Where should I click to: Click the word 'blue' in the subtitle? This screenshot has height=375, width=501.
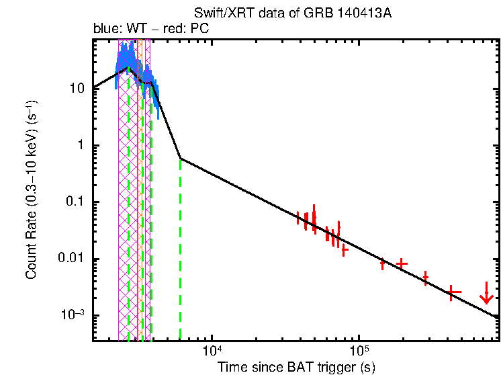pos(105,30)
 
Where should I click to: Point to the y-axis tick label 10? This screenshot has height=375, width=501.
pos(77,89)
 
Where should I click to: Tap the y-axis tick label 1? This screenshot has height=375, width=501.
pos(81,146)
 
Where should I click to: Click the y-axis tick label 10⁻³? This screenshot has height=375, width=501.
pos(73,315)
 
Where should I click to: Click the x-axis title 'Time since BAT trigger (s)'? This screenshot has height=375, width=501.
pos(295,367)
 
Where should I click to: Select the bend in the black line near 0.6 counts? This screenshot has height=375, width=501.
pos(180,159)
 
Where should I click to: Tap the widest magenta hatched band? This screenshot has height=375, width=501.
pos(128,202)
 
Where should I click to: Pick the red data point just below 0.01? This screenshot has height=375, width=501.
pos(383,264)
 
